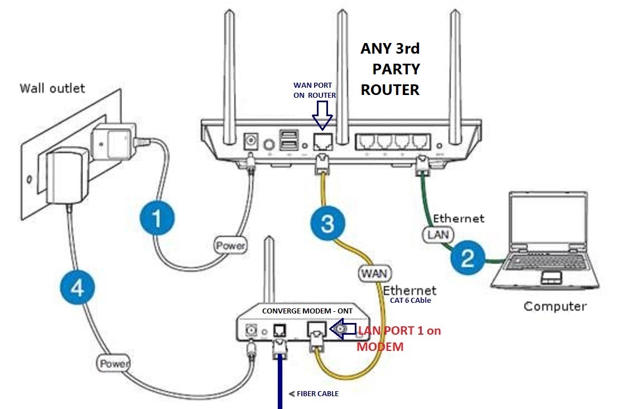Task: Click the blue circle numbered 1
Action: [x=157, y=218]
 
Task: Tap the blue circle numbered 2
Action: [x=467, y=258]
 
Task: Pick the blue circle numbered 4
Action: [x=78, y=287]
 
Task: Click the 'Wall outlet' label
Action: [x=52, y=88]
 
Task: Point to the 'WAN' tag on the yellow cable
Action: [x=375, y=273]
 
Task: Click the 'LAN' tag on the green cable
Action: [x=438, y=235]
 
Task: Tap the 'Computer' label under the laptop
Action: [x=555, y=307]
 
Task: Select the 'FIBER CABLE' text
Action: [x=317, y=393]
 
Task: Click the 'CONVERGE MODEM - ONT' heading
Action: [x=307, y=311]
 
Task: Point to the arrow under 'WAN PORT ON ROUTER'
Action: [x=322, y=115]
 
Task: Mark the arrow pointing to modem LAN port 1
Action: [x=343, y=329]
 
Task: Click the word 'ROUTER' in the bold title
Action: [x=390, y=90]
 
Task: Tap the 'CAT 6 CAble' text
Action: [x=411, y=300]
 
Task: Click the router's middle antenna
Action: [x=343, y=77]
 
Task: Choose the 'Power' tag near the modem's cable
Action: [x=114, y=363]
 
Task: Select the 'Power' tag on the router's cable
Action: [x=230, y=245]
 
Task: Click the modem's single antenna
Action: [x=269, y=270]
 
